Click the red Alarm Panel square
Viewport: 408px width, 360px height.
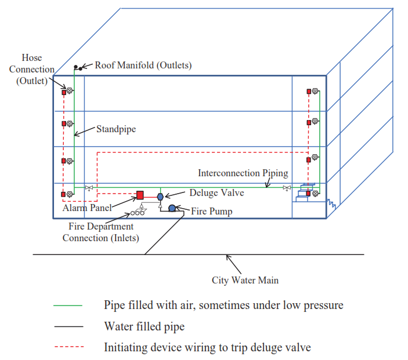click(x=140, y=195)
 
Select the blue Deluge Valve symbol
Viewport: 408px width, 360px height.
click(x=160, y=197)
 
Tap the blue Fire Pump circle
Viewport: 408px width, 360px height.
click(x=172, y=208)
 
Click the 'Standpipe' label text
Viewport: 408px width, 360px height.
click(x=115, y=129)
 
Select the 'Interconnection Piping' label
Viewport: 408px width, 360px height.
click(x=243, y=173)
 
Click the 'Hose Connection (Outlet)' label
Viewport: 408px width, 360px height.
click(x=32, y=70)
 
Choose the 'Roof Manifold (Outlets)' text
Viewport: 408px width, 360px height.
click(x=143, y=65)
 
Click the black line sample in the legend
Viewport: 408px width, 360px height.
click(x=68, y=326)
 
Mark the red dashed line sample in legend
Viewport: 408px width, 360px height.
click(x=68, y=347)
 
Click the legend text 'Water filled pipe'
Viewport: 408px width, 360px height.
click(x=144, y=326)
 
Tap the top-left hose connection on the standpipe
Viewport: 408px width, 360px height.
click(x=67, y=90)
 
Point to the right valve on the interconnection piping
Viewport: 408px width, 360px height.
click(x=286, y=188)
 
